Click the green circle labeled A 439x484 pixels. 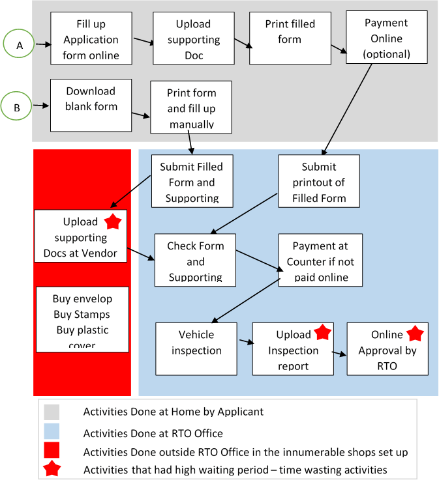(20, 44)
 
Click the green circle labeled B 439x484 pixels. (16, 106)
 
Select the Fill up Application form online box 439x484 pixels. (91, 39)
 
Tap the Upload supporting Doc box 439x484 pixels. (193, 39)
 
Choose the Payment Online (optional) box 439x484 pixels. (387, 38)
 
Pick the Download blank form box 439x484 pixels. (91, 105)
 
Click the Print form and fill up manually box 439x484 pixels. (191, 107)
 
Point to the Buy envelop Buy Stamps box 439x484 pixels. (82, 319)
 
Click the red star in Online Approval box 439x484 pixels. (415, 334)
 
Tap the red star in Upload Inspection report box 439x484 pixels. (322, 333)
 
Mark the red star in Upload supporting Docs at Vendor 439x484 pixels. (112, 221)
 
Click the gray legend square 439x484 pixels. (52, 412)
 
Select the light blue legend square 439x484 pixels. (52, 431)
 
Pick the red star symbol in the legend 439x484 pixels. (52, 469)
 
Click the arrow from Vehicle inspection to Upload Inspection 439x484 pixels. (245, 341)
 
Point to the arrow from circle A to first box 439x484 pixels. (42, 44)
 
